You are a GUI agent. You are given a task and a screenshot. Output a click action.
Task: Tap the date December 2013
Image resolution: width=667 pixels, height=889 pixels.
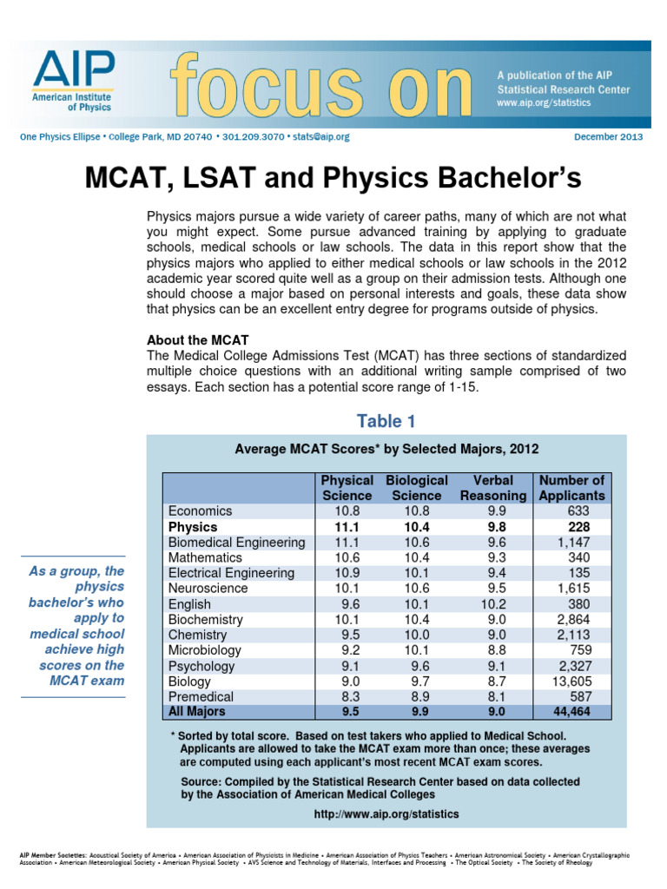point(609,137)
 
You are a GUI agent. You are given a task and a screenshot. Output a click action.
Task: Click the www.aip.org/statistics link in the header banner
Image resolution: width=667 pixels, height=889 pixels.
point(544,102)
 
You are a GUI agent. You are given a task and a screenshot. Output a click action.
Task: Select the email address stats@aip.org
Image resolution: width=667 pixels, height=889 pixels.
point(320,137)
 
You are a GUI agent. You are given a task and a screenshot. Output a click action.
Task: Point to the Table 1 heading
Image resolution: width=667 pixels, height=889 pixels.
point(386,422)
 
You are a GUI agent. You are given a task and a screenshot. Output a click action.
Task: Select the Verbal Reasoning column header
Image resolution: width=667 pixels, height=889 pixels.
point(492,487)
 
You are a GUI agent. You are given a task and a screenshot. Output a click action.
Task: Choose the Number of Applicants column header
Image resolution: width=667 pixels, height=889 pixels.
point(571,487)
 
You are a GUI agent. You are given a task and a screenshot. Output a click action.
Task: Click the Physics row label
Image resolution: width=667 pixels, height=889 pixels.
point(193,527)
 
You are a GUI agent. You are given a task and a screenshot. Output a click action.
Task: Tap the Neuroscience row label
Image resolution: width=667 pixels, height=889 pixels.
point(208,589)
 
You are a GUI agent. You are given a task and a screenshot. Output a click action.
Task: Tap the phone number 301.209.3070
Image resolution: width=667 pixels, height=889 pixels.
point(253,137)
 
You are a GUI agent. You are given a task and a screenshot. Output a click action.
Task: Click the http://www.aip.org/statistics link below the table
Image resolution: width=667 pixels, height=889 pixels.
point(386,814)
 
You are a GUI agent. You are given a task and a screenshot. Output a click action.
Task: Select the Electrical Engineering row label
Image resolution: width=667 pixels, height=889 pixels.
point(232,573)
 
